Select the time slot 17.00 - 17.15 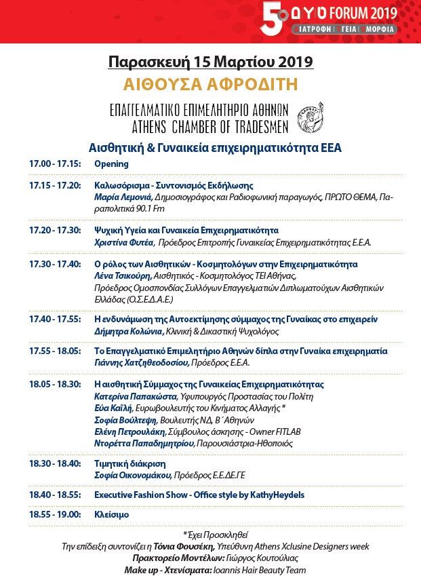(55, 164)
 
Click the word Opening (111, 164)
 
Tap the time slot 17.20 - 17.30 (55, 230)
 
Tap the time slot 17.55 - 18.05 (55, 351)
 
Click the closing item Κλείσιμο (112, 515)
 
